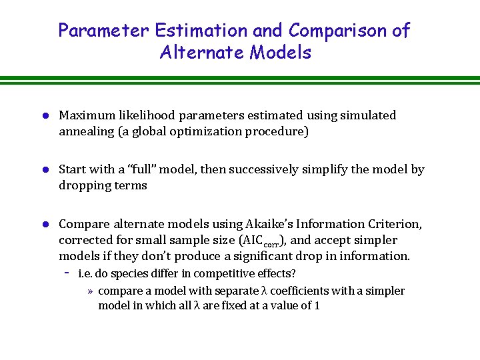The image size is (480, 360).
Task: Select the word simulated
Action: (x=368, y=115)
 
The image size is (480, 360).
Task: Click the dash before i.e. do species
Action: (x=67, y=274)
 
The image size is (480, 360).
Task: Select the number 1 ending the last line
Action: (x=317, y=306)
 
